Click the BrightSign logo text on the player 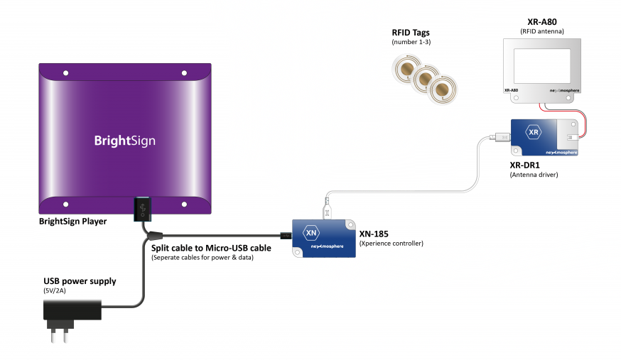point(124,141)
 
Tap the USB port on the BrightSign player point(141,209)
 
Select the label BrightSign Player point(72,222)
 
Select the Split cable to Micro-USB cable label point(211,248)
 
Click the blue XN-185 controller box point(324,238)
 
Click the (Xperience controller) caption point(391,244)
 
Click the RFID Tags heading point(411,33)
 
